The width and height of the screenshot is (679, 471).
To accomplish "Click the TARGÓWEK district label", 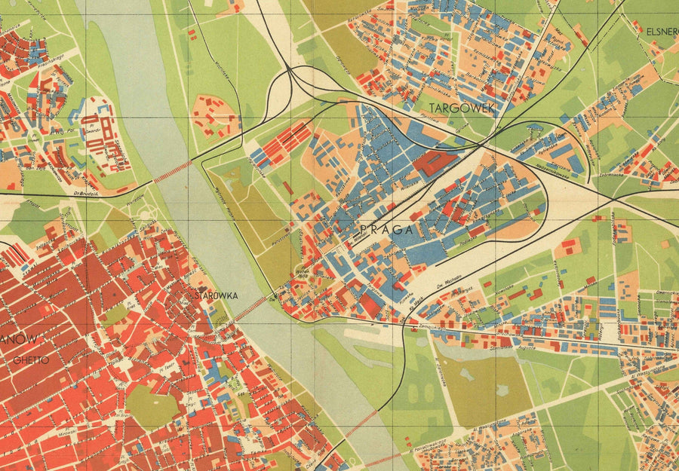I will [x=462, y=109].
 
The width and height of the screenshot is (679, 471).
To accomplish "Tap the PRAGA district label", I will [x=387, y=231].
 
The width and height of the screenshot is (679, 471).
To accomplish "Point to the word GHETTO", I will [x=30, y=360].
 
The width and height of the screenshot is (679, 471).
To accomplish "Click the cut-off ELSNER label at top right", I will [x=662, y=32].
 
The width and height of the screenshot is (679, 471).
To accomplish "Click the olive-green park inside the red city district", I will [x=151, y=406].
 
